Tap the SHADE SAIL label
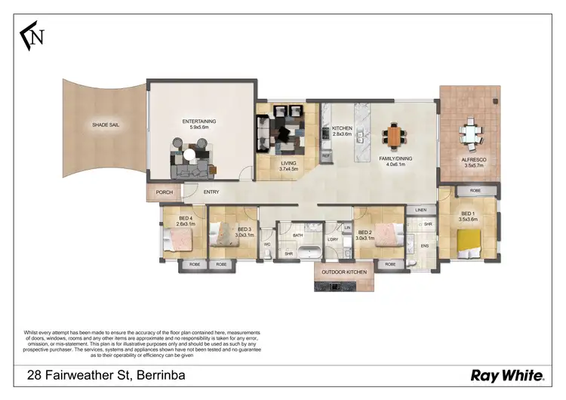pos(106,125)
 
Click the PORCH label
pos(164,192)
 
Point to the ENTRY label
pos(211,192)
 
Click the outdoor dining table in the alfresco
pos(471,134)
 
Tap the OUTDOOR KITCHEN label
pos(344,272)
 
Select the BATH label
pos(298,235)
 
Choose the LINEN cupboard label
pos(421,210)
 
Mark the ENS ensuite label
pos(424,246)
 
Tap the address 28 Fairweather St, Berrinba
pos(106,375)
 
